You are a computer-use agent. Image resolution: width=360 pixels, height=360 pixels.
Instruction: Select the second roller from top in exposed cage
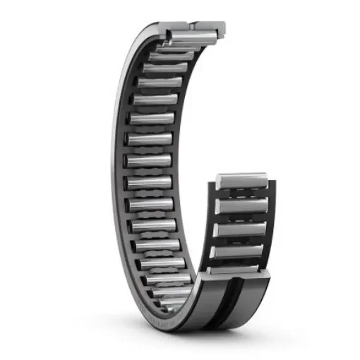(241, 205)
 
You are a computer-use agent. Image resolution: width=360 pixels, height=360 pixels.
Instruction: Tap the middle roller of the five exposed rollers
(241, 228)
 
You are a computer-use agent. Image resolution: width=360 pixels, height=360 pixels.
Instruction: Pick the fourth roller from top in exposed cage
(241, 250)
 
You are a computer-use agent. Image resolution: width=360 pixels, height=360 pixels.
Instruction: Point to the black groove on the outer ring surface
(227, 300)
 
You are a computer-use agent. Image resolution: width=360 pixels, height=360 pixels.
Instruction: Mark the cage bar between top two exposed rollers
(241, 193)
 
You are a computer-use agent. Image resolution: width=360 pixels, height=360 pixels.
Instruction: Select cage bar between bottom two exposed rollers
(241, 260)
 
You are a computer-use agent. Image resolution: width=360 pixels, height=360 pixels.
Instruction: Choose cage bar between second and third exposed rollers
(241, 217)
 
